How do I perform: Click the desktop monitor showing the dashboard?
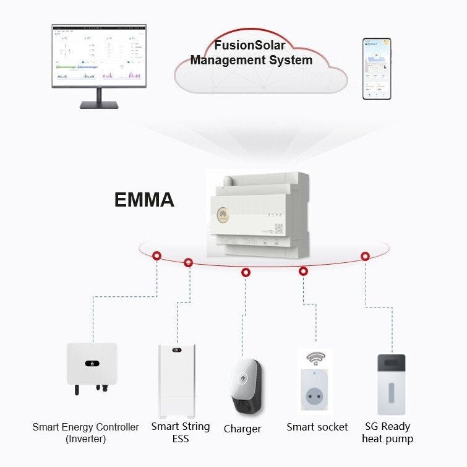(x=99, y=56)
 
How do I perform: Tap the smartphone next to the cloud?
(x=376, y=69)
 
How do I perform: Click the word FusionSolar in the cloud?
(x=249, y=46)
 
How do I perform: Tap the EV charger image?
(x=246, y=387)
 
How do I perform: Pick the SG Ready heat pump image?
(x=391, y=383)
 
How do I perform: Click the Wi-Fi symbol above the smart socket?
(x=316, y=358)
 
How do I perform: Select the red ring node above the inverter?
(x=158, y=255)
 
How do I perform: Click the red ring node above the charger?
(x=246, y=272)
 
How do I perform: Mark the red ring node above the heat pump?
(x=365, y=256)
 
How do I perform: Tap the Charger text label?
(x=242, y=429)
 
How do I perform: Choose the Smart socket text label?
(x=317, y=427)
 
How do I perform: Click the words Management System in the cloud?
(x=251, y=60)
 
